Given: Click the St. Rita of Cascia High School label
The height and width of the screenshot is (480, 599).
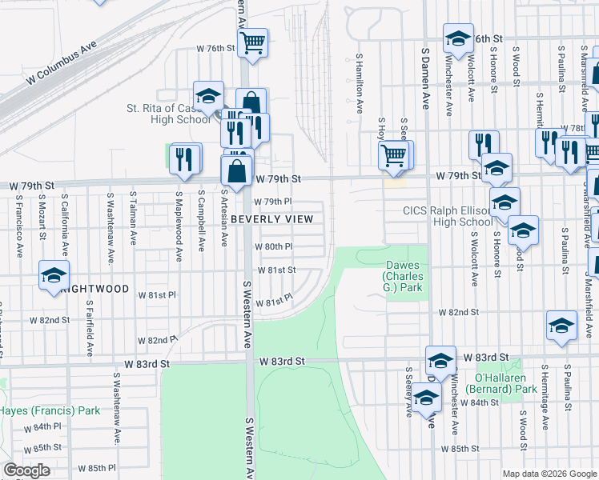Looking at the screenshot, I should point(168,114).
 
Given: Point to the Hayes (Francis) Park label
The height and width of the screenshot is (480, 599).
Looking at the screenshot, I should point(49,410).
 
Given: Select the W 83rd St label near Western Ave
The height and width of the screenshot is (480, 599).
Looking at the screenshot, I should point(282,362).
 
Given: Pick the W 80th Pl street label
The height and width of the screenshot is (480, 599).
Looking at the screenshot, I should point(274,247).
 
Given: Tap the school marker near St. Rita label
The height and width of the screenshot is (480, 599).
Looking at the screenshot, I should point(208,97).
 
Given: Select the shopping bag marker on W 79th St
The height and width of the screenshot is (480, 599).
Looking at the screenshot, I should point(237,170).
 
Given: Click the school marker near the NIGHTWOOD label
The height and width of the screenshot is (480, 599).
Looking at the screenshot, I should point(54,276).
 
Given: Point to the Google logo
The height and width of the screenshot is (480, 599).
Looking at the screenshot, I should point(26,470).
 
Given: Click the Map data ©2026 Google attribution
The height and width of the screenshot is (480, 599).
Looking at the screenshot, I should point(549,474).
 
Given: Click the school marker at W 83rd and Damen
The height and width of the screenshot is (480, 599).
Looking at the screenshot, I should point(440,361).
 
